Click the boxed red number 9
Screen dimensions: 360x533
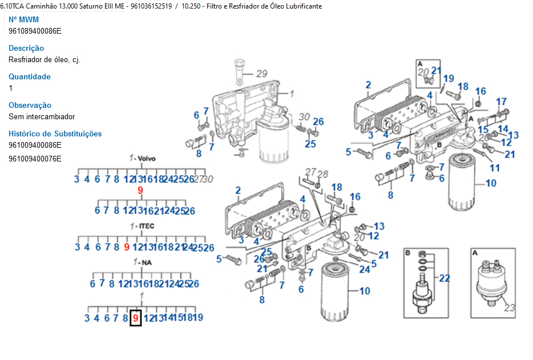pyautogui.click(x=135, y=317)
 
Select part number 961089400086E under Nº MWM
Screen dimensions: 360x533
pyautogui.click(x=35, y=31)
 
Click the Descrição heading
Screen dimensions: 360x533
pyautogui.click(x=26, y=48)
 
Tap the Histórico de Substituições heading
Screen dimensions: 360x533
pyautogui.click(x=55, y=134)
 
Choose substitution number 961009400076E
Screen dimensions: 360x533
pyautogui.click(x=35, y=159)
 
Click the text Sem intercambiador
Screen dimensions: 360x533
pyautogui.click(x=42, y=116)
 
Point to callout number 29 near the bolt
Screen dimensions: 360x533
pyautogui.click(x=261, y=74)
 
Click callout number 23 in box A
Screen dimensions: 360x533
pyautogui.click(x=509, y=308)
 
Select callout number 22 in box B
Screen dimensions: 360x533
pyautogui.click(x=445, y=278)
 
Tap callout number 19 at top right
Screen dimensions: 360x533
pyautogui.click(x=449, y=79)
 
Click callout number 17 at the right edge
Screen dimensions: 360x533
pyautogui.click(x=501, y=102)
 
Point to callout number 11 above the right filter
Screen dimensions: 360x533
pyautogui.click(x=495, y=168)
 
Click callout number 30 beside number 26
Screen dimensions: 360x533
pyautogui.click(x=304, y=117)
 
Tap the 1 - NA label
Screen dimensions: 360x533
pyautogui.click(x=142, y=262)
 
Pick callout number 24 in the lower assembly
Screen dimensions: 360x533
pyautogui.click(x=365, y=270)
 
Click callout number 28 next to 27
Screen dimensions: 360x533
pyautogui.click(x=323, y=174)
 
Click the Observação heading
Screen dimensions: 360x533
pyautogui.click(x=30, y=106)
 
